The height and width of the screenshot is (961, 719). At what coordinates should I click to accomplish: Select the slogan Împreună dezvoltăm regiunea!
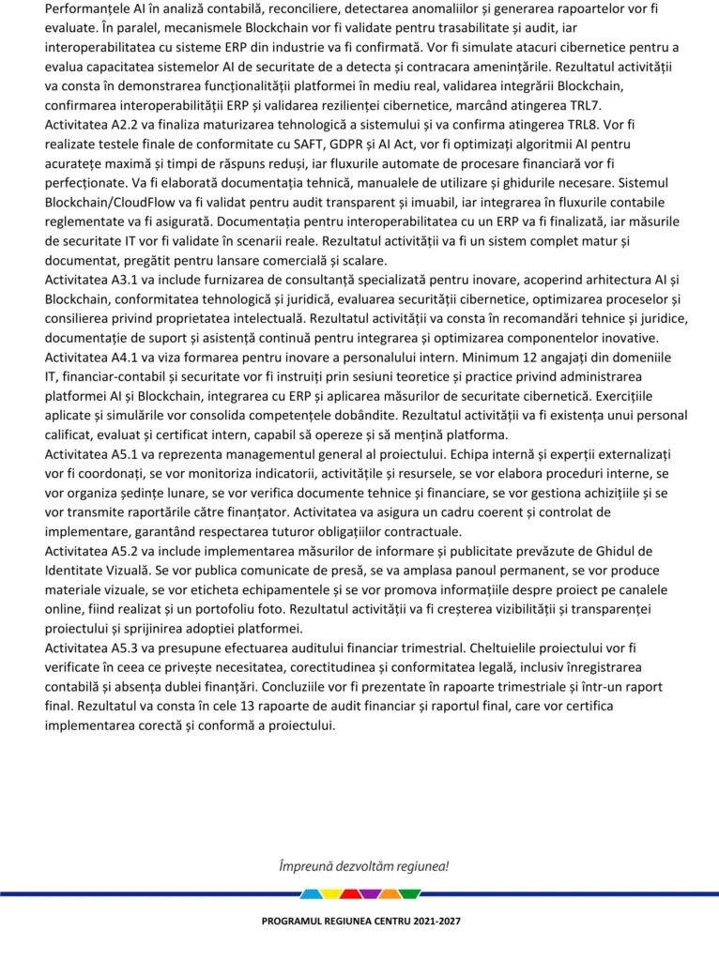(x=363, y=865)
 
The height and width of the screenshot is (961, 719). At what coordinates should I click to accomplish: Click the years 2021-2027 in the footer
(x=430, y=923)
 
